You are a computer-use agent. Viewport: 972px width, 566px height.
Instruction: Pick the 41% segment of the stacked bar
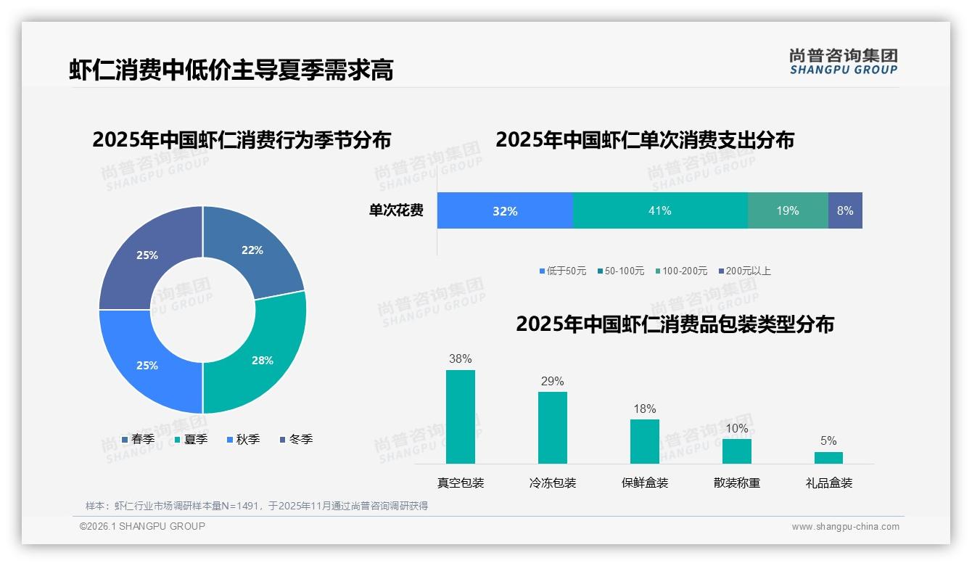(660, 210)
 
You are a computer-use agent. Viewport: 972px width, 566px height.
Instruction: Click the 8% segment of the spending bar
(845, 210)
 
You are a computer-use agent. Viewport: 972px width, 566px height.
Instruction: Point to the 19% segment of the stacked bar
(788, 210)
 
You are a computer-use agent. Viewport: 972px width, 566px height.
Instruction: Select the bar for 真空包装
(460, 417)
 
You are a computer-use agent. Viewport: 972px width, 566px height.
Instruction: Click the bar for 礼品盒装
(828, 457)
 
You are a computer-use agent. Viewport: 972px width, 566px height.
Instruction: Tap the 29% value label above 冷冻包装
(552, 382)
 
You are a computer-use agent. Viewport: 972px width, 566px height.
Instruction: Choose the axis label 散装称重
(737, 483)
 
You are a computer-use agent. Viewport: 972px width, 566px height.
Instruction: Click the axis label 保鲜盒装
(645, 483)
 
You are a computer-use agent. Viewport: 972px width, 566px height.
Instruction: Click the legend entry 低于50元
(563, 271)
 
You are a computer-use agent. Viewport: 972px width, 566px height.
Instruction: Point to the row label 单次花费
(396, 210)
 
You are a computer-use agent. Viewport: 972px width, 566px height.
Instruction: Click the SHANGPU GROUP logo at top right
(843, 62)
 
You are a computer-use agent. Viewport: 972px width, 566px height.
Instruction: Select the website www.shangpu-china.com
(845, 527)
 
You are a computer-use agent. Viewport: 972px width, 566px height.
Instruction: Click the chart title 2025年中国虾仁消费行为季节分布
(241, 139)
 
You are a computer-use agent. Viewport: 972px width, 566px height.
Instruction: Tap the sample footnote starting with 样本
(257, 506)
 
